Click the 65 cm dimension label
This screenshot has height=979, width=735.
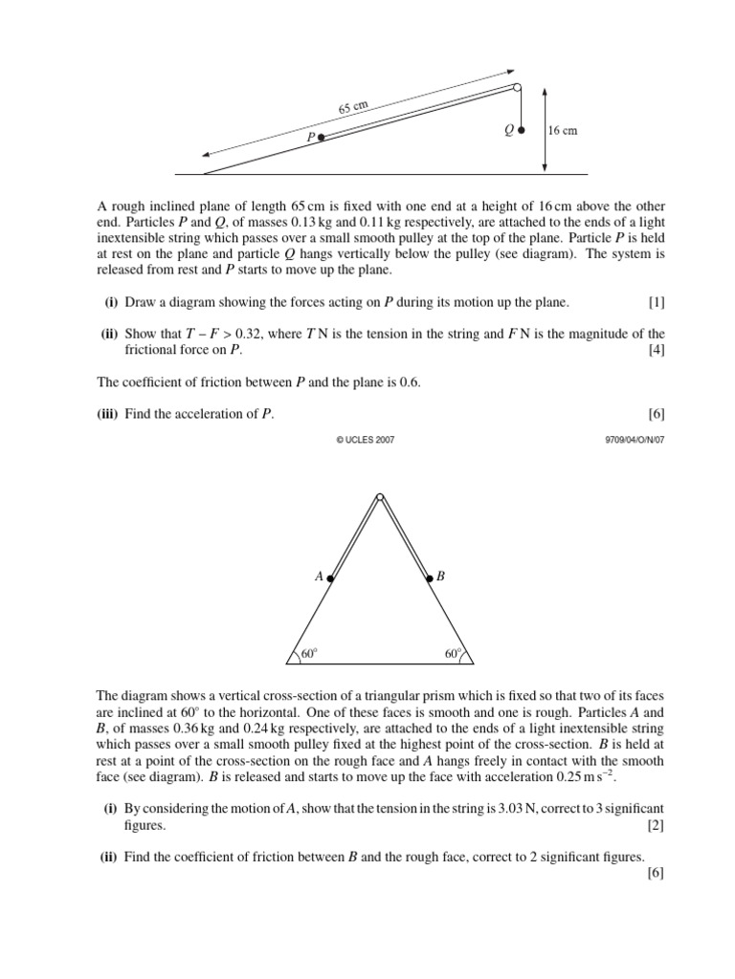coord(353,107)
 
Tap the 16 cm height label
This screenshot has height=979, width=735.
coord(564,131)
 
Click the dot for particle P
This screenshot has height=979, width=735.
coord(322,138)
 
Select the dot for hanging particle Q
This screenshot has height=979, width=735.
coord(522,131)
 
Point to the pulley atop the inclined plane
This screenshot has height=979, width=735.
coord(518,88)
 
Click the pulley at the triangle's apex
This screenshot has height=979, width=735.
coord(380,497)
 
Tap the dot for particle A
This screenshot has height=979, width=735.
coord(330,578)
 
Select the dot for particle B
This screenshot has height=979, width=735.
coord(430,578)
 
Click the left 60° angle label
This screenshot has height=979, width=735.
coord(308,655)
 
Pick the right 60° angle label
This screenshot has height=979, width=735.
coord(453,655)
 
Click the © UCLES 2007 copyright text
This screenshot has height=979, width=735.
coord(366,440)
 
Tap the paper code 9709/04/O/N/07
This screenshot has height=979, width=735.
coord(628,440)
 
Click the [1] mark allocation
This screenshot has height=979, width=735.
coord(656,303)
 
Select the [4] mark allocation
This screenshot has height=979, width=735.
coord(656,350)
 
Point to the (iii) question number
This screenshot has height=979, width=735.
coord(113,414)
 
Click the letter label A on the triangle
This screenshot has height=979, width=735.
coord(319,577)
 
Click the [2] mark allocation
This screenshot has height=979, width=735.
coord(656,825)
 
